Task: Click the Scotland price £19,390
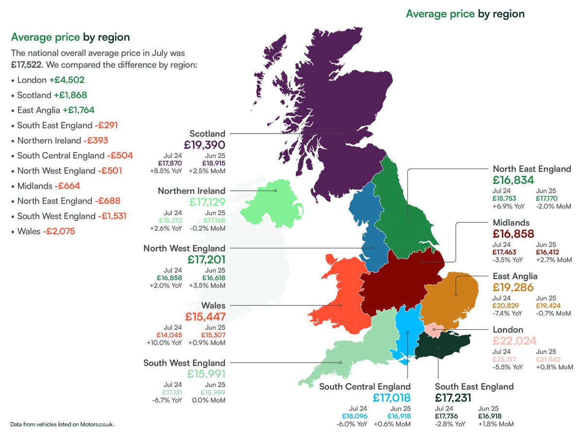tap(205, 145)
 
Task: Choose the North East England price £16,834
tap(513, 180)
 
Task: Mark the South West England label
tap(184, 363)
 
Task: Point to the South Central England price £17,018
tap(392, 398)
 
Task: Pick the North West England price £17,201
tap(205, 260)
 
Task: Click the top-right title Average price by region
tap(465, 14)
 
